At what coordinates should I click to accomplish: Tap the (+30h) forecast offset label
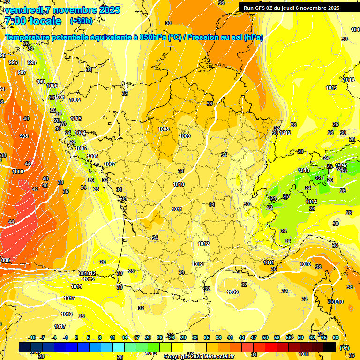click(81, 21)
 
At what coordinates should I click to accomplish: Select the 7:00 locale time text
click(33, 21)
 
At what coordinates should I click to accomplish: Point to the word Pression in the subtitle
click(203, 37)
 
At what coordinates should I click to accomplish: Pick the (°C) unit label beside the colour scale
click(344, 348)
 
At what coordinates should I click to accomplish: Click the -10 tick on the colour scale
click(32, 337)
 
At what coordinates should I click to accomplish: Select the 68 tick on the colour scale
click(336, 337)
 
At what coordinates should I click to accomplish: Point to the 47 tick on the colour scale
click(254, 337)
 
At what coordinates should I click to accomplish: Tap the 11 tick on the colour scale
click(112, 337)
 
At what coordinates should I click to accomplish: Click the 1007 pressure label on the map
click(110, 164)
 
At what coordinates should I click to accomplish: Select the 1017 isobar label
click(60, 326)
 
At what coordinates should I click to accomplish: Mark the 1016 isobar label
click(67, 314)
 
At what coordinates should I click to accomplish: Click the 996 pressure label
click(13, 62)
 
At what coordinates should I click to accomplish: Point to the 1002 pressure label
click(75, 100)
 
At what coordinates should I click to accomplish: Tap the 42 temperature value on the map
click(35, 189)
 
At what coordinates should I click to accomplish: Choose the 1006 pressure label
click(92, 156)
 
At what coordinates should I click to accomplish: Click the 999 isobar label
click(41, 82)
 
